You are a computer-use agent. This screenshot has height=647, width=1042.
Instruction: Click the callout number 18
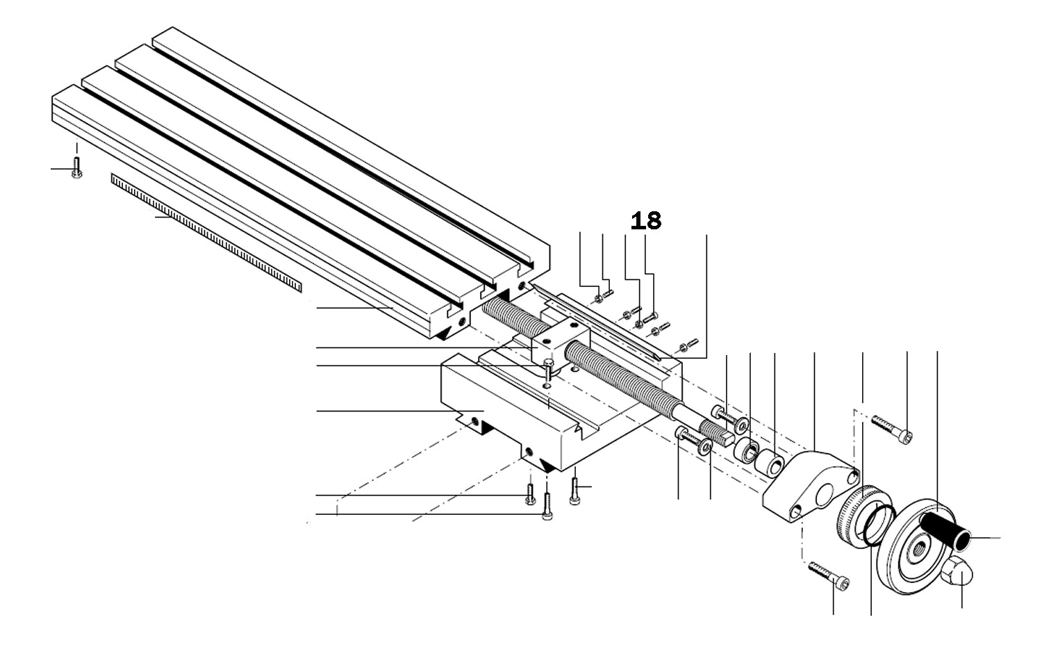tap(646, 221)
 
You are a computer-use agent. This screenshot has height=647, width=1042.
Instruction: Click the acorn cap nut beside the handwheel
tap(959, 571)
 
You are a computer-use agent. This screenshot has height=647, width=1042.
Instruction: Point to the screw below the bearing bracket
tap(829, 576)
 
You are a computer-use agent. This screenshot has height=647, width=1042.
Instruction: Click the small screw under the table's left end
tap(76, 167)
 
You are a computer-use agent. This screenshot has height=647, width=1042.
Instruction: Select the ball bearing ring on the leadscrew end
tap(747, 448)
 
